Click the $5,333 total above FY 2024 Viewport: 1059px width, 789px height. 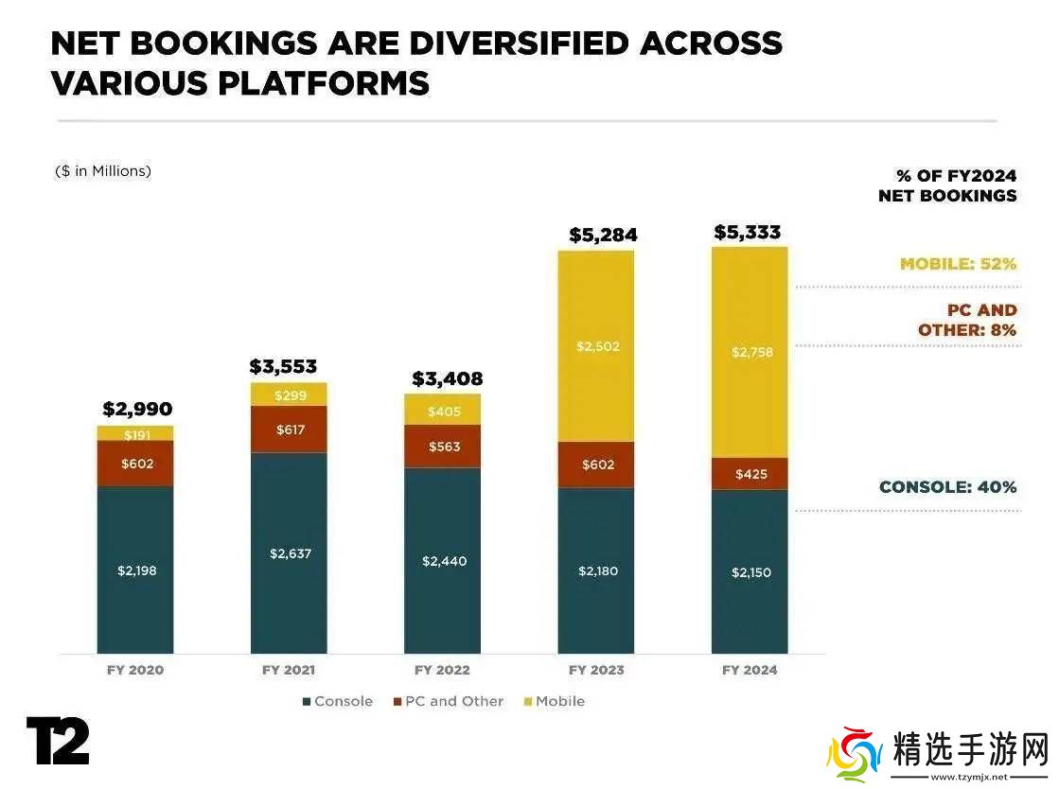click(748, 232)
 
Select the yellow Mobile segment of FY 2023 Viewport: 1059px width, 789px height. click(596, 346)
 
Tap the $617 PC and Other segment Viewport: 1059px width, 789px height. click(289, 430)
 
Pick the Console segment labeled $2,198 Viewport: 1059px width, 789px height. click(135, 570)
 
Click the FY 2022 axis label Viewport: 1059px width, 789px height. click(442, 670)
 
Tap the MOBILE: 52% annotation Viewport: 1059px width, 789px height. click(958, 264)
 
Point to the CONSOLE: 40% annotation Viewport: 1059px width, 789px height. click(947, 487)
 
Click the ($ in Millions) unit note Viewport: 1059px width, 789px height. click(103, 171)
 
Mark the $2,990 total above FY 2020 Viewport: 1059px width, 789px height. click(137, 410)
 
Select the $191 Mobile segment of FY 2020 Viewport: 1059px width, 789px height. click(135, 433)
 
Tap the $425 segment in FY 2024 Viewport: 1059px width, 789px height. click(750, 474)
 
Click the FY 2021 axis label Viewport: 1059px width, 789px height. click(289, 670)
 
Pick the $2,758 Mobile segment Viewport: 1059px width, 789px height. click(750, 352)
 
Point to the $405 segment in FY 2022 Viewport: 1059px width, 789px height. click(442, 411)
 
